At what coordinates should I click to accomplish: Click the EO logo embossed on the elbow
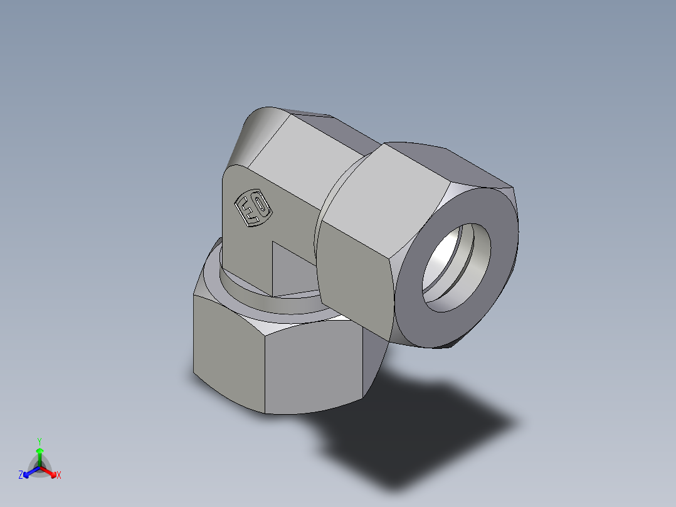click(x=253, y=208)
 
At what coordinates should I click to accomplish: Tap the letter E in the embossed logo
click(x=248, y=210)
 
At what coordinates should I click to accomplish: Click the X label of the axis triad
click(x=59, y=476)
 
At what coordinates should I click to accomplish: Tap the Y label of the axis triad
click(x=39, y=441)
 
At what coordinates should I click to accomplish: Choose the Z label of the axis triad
click(x=21, y=475)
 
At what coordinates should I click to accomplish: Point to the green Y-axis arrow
click(x=40, y=454)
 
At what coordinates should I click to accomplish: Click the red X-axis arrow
click(x=50, y=471)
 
